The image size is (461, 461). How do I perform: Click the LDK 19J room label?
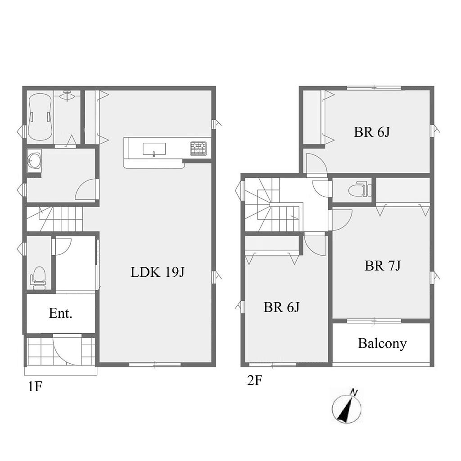[x=157, y=272]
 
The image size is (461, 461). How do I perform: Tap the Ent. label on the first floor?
[x=61, y=313]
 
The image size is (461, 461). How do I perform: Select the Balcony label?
[x=382, y=343]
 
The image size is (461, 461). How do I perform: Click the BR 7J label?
[x=383, y=266]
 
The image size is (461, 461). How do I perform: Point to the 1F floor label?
[x=35, y=386]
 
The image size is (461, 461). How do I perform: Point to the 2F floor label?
[x=255, y=380]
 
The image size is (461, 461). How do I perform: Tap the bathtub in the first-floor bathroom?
[x=40, y=117]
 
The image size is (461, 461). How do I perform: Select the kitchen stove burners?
[x=198, y=148]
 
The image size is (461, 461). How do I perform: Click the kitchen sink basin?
[x=154, y=149]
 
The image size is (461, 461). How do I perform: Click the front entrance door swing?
[x=68, y=351]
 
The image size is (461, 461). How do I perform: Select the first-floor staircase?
[x=54, y=219]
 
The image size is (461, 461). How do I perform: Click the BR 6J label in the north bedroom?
[x=371, y=132]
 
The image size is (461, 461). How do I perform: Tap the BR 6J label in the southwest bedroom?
[x=281, y=307]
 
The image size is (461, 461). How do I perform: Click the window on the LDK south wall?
[x=155, y=365]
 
